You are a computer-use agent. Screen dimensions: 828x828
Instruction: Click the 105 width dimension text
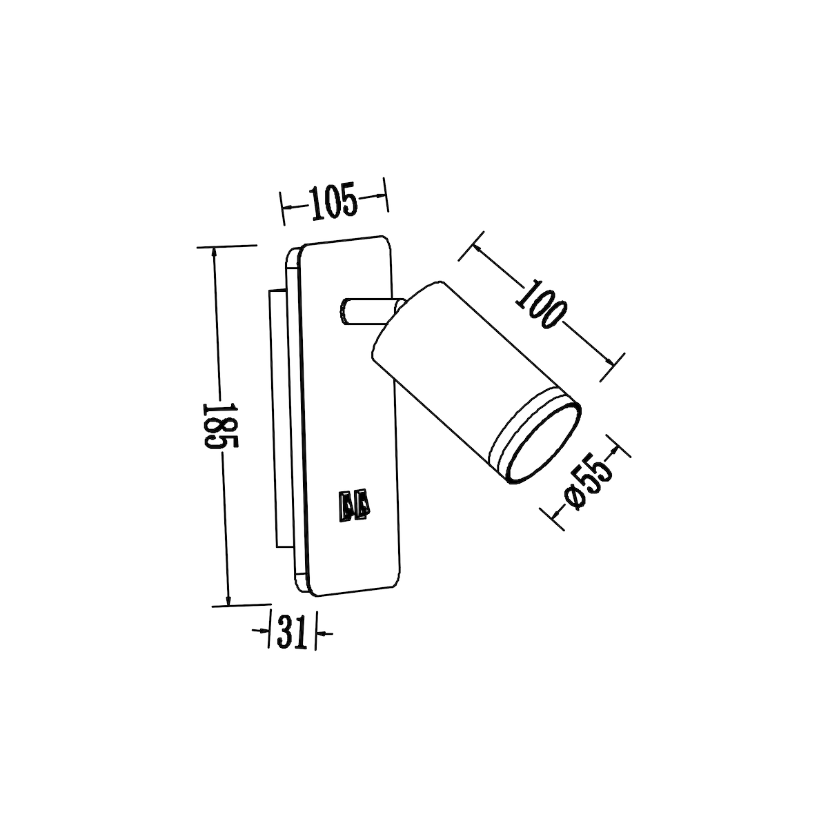pyautogui.click(x=333, y=201)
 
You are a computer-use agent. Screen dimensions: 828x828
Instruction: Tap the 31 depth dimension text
pyautogui.click(x=292, y=631)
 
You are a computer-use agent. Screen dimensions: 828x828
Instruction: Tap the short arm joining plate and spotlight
pyautogui.click(x=366, y=311)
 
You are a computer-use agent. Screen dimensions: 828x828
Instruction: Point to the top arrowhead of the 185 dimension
pyautogui.click(x=215, y=253)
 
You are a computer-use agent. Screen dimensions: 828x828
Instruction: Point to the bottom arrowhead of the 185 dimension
pyautogui.click(x=228, y=598)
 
